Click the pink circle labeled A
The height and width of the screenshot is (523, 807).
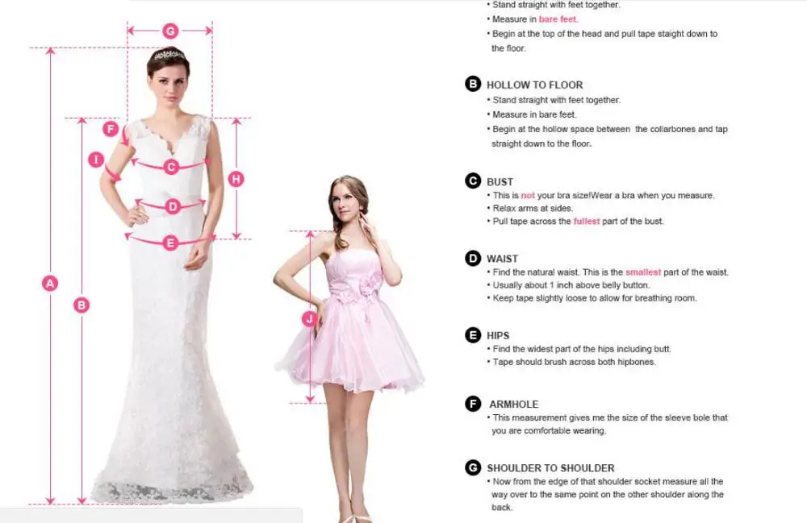point(50,283)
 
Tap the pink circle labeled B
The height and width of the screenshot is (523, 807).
point(82,305)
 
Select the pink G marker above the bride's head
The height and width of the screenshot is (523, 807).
point(170,31)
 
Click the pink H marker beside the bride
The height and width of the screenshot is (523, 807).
point(236,179)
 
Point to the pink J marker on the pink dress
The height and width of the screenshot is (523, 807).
point(309,319)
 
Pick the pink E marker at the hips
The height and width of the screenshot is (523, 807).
point(170,243)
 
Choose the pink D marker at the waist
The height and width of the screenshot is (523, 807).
point(173,206)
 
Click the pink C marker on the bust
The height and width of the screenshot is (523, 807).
point(171,167)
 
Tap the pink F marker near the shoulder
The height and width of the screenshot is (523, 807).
point(111,128)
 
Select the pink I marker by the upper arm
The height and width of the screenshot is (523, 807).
point(96,160)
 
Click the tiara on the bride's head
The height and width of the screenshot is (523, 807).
point(169,55)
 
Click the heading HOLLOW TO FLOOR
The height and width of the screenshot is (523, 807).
point(535,85)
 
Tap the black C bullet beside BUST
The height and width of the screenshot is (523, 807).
point(473,181)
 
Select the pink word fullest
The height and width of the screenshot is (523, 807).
point(587,222)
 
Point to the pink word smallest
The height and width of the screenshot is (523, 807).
point(643,272)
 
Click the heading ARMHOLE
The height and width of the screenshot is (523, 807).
point(513,405)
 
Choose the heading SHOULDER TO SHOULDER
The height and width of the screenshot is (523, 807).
point(550,468)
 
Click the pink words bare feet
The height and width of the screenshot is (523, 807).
point(558,19)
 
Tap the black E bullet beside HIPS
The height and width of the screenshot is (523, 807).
point(473,335)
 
